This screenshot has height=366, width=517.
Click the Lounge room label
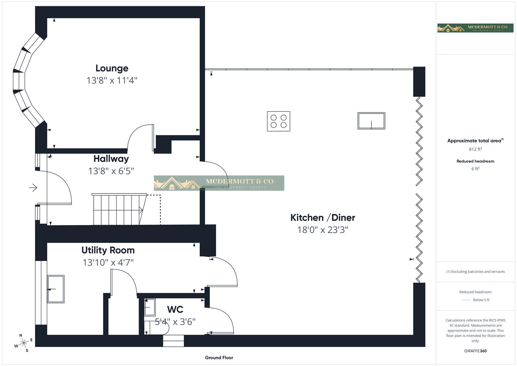point(112,68)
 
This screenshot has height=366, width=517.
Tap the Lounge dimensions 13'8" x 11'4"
point(112,80)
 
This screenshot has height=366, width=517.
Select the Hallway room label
point(111,159)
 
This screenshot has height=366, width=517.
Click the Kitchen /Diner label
point(323,218)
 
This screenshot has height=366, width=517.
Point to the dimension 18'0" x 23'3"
point(323,230)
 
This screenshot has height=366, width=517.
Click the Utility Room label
point(108,250)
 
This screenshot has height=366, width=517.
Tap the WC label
point(175,309)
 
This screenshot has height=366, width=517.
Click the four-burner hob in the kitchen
point(278,121)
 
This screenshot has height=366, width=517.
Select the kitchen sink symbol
point(371,121)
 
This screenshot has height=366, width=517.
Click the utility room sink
point(56,289)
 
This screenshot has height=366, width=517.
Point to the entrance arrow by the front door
point(33,187)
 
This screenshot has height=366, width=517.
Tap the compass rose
point(23,343)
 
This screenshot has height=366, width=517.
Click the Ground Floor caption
point(219,358)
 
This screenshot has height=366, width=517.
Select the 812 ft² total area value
point(475,149)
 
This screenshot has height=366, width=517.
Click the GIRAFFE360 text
point(475,351)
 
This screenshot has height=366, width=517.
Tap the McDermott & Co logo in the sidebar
point(475,28)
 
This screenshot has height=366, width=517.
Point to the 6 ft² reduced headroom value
point(475,169)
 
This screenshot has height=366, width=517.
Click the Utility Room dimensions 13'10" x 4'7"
point(108,262)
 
